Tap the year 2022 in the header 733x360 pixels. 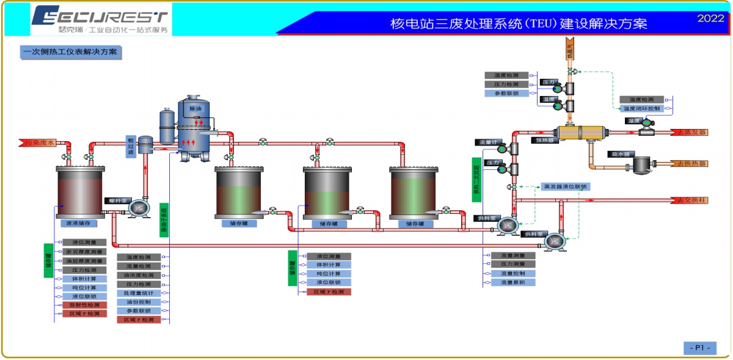point(710,18)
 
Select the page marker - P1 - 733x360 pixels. point(699,348)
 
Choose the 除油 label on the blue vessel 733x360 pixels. point(195,109)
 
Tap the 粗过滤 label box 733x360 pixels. point(131,147)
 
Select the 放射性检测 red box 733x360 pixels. point(85,304)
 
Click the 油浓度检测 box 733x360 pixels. point(139,275)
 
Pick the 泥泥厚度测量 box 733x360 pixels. point(85,251)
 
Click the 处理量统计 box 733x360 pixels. point(139,293)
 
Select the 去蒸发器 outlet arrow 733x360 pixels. point(691,132)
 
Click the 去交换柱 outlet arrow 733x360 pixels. point(691,200)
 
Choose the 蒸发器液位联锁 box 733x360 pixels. point(566,186)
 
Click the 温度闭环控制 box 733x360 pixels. point(642,108)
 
